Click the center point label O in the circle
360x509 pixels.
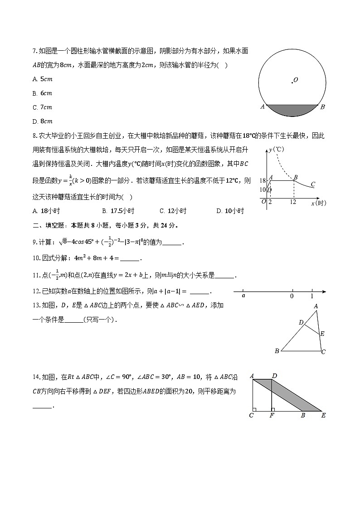(x=296, y=80)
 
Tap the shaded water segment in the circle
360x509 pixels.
(x=292, y=111)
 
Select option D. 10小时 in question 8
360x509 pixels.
(x=230, y=211)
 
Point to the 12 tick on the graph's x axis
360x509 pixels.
(x=293, y=202)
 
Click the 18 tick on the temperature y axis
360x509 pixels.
(x=263, y=181)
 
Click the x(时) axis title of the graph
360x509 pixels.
(x=318, y=204)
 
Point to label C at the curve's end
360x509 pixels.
(x=313, y=184)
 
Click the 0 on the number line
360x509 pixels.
(x=292, y=296)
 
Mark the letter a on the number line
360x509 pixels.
(x=243, y=296)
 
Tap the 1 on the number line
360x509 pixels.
(x=312, y=296)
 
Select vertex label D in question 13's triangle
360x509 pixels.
(x=301, y=322)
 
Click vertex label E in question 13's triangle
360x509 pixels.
(x=322, y=334)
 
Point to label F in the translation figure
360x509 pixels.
(x=271, y=415)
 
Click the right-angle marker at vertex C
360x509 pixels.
(x=255, y=409)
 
